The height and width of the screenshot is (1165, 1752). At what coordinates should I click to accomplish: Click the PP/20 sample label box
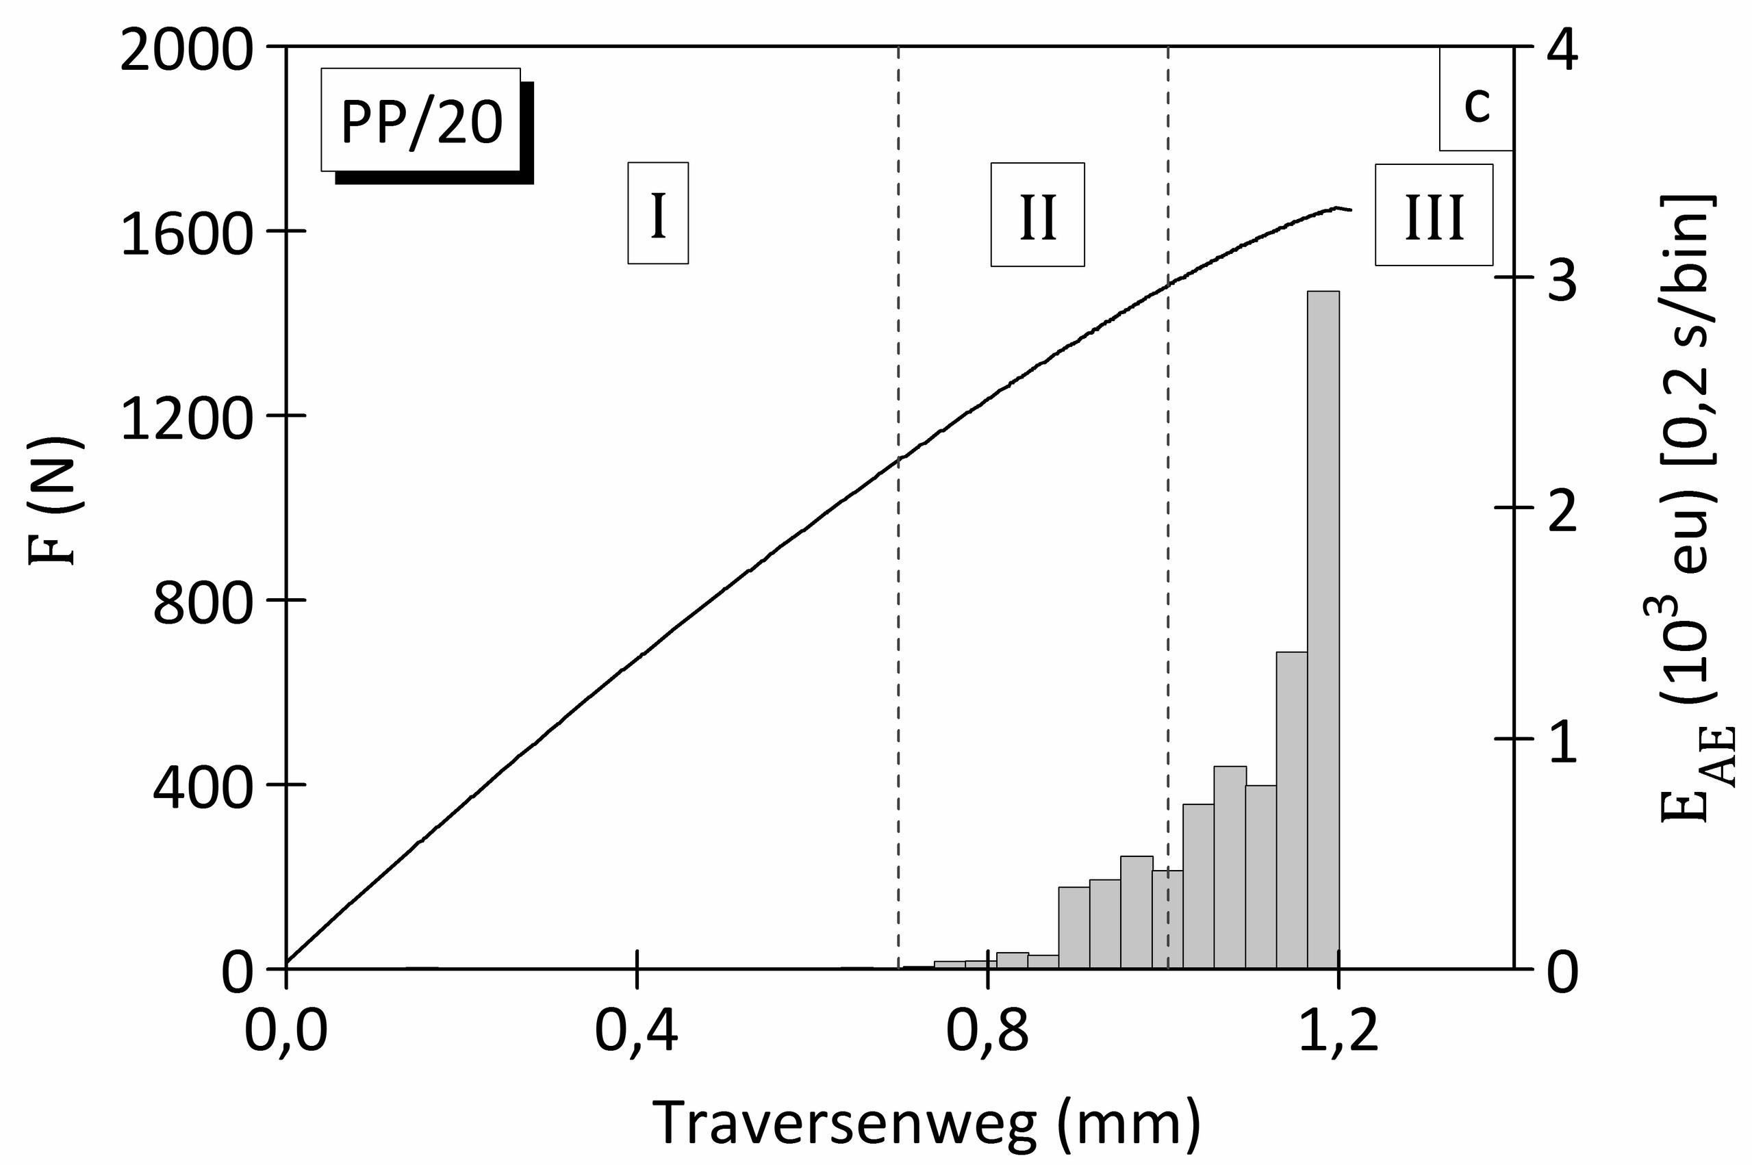tap(421, 120)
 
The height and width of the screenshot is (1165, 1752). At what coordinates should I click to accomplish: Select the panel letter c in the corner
tap(1475, 105)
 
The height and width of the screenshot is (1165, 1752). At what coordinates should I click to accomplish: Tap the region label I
tap(657, 214)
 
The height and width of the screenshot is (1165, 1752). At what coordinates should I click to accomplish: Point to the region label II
tap(1037, 215)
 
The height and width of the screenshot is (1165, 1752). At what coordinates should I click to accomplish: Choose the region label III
tap(1433, 216)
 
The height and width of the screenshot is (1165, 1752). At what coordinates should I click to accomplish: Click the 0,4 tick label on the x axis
tap(637, 1035)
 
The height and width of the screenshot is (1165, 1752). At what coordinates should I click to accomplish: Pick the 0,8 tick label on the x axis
tap(987, 1035)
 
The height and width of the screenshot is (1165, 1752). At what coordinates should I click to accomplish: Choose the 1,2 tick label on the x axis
tap(1338, 1035)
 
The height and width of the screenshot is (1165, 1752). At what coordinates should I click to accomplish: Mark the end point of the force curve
tap(1351, 210)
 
